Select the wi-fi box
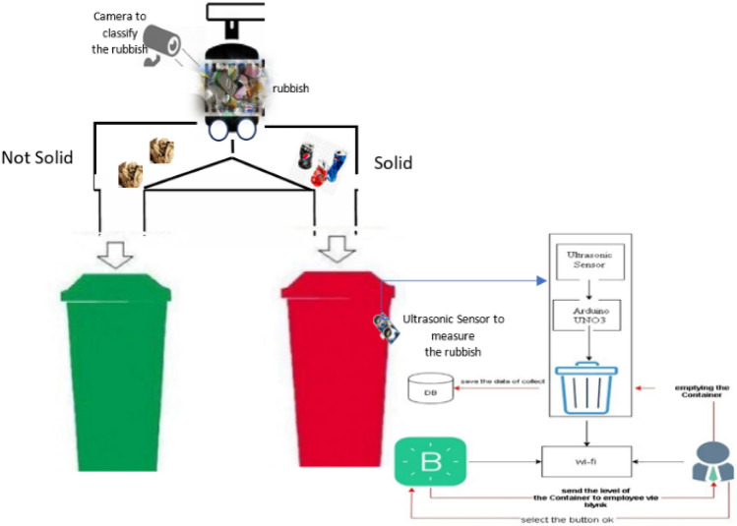586,457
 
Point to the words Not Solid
37,156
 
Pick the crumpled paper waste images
146,163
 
